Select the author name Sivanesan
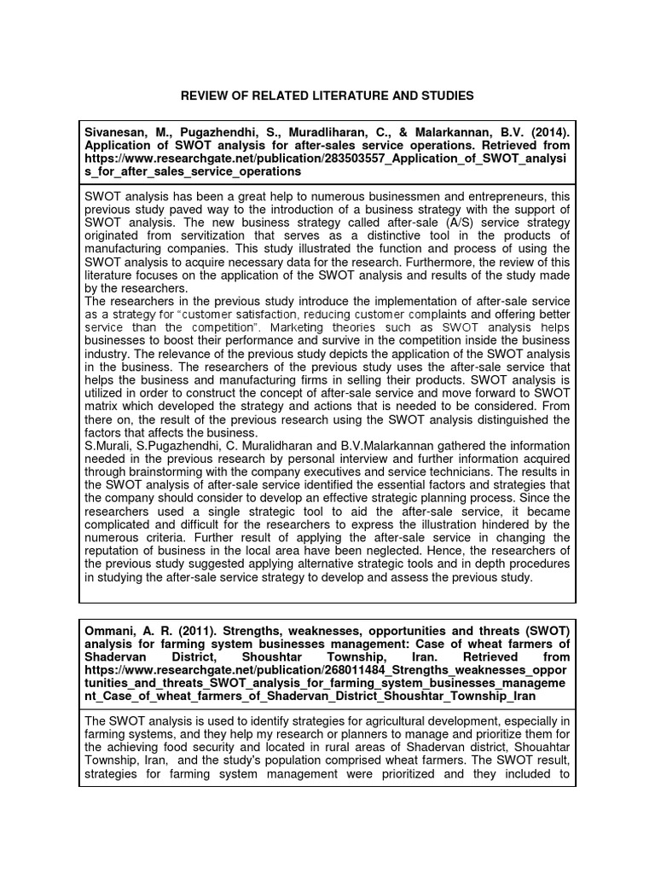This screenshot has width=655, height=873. [x=116, y=132]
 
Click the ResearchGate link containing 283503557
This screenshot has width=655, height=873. [x=324, y=159]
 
